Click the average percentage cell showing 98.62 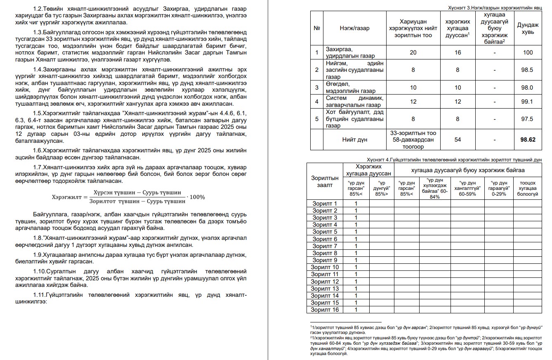coord(527,140)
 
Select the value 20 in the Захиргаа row coord(413,52)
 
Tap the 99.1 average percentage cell coord(527,102)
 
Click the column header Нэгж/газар coord(355,28)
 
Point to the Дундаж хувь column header coord(527,28)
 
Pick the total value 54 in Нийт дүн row coord(458,140)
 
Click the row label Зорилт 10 coord(325,267)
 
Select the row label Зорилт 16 coord(325,310)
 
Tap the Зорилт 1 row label coord(325,204)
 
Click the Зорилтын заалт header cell coord(325,181)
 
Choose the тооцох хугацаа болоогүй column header coord(527,188)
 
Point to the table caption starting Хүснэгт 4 coord(454,160)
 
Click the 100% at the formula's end coord(197,197)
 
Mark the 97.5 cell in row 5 coord(527,119)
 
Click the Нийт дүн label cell coord(355,140)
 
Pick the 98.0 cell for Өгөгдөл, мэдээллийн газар coord(527,88)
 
